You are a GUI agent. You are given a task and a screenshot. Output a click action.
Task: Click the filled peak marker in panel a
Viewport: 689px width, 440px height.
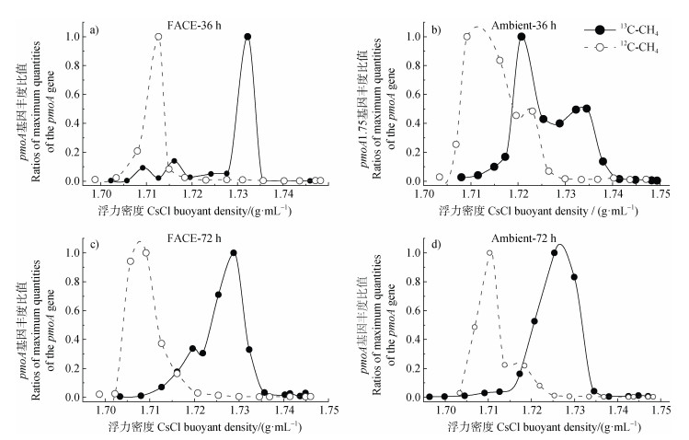[247, 37]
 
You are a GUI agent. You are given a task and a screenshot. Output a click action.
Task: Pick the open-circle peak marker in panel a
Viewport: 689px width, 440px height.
[158, 37]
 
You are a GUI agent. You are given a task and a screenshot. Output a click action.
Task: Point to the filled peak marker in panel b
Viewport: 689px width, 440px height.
[522, 37]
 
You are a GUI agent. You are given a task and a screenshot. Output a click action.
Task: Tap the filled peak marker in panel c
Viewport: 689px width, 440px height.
[234, 253]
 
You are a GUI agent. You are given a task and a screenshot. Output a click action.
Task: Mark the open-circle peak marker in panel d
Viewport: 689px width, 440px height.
[489, 253]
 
